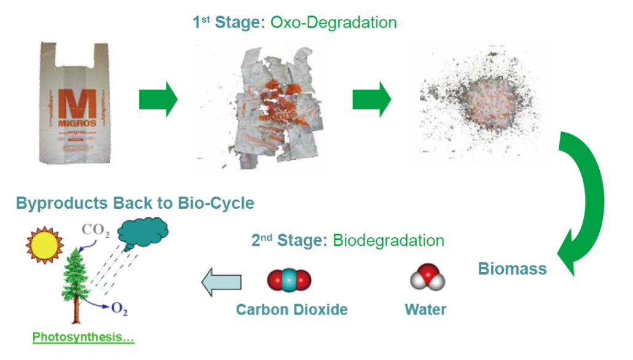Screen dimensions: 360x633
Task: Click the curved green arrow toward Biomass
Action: [584, 203]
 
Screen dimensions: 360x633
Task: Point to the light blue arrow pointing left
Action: [222, 281]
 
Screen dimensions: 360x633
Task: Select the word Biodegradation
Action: [388, 240]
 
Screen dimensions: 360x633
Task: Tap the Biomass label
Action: [512, 269]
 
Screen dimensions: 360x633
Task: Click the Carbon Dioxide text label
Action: [292, 309]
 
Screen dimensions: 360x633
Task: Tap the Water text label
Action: [425, 309]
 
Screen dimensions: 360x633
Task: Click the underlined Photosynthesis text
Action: [84, 337]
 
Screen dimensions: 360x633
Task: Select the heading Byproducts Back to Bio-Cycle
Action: [135, 203]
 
